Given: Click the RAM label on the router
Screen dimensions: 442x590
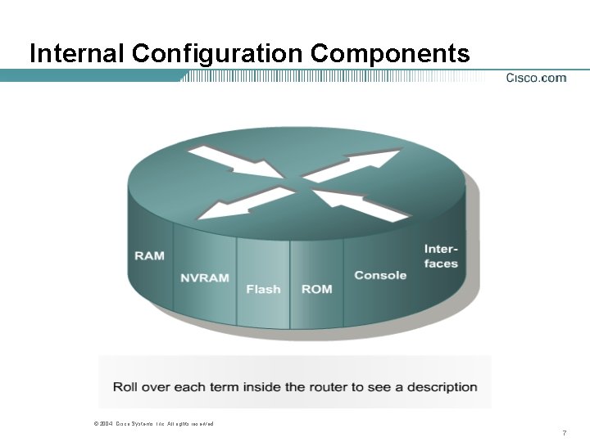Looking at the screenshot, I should coord(149,255).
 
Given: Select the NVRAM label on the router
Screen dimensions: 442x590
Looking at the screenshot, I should coord(205,277).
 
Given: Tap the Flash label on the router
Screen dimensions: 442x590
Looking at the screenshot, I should coord(263,289).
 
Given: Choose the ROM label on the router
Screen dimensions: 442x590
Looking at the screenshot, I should coord(316,289).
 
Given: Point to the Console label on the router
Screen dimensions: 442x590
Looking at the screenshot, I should coord(380,275).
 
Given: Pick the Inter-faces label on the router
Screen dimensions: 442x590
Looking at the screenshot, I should coord(441,255).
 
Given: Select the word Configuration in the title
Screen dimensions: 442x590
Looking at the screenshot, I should coord(218,53).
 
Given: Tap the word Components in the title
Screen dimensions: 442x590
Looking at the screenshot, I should coord(391,53).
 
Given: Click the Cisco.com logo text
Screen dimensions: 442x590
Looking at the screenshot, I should coord(536,78).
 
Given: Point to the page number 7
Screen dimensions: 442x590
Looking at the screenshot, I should coord(565,431).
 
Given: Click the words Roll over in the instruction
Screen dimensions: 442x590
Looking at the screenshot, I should coord(140,386).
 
